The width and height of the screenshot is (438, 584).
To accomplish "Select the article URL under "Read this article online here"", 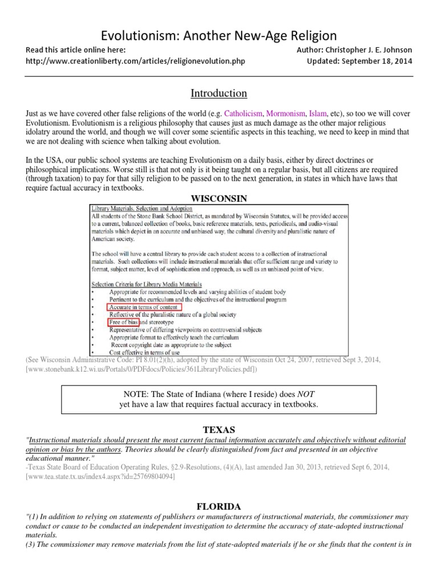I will click(x=136, y=61).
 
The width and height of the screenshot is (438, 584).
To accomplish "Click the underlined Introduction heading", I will click(x=218, y=93).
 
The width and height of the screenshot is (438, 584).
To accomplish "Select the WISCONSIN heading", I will click(x=218, y=198).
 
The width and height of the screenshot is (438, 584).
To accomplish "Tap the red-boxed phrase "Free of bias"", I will click(x=123, y=322).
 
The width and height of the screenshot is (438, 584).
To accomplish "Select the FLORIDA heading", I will click(x=218, y=506).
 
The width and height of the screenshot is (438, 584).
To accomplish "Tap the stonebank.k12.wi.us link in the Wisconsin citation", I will click(x=140, y=370).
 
